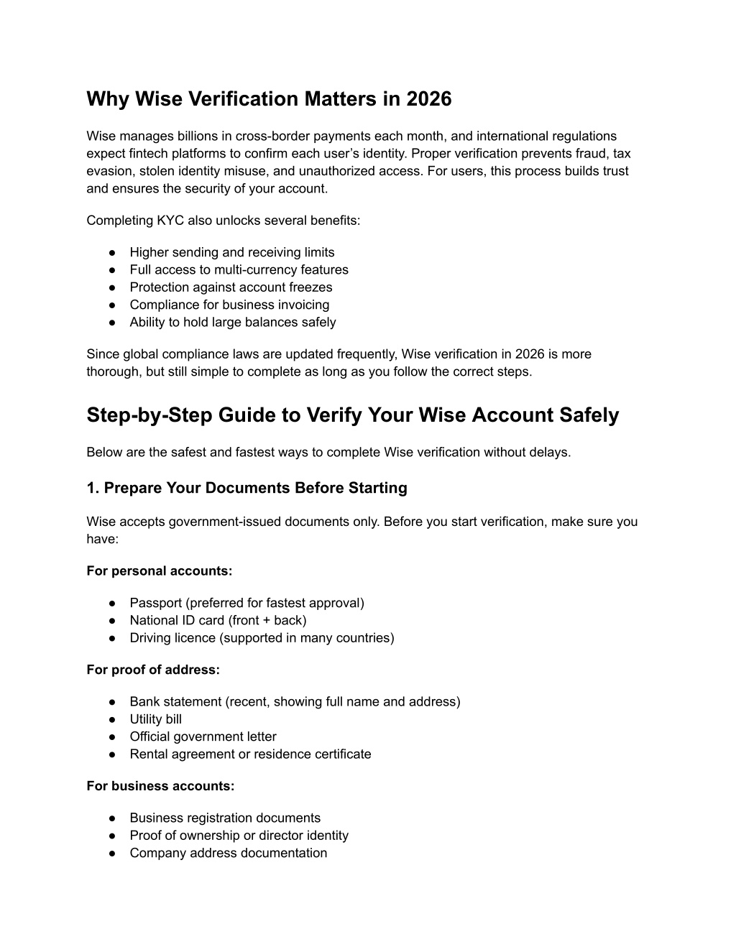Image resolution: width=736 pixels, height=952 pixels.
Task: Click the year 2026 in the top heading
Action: coord(428,99)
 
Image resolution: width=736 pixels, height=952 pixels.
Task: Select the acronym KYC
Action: coord(169,221)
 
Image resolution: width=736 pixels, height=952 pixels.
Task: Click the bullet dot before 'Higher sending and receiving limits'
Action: coord(113,253)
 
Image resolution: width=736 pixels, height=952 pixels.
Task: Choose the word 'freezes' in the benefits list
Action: coord(310,287)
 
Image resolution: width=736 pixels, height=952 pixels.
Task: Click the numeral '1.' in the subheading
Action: coord(93,489)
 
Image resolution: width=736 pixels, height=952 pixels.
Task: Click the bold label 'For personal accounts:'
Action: coord(159,571)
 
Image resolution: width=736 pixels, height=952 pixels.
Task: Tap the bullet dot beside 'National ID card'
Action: coord(113,621)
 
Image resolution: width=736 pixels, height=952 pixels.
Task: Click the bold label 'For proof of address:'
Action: coord(153,670)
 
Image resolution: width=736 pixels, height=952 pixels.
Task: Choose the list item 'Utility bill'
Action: coord(155,719)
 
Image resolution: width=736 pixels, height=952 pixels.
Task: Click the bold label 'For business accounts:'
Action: coord(160,786)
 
